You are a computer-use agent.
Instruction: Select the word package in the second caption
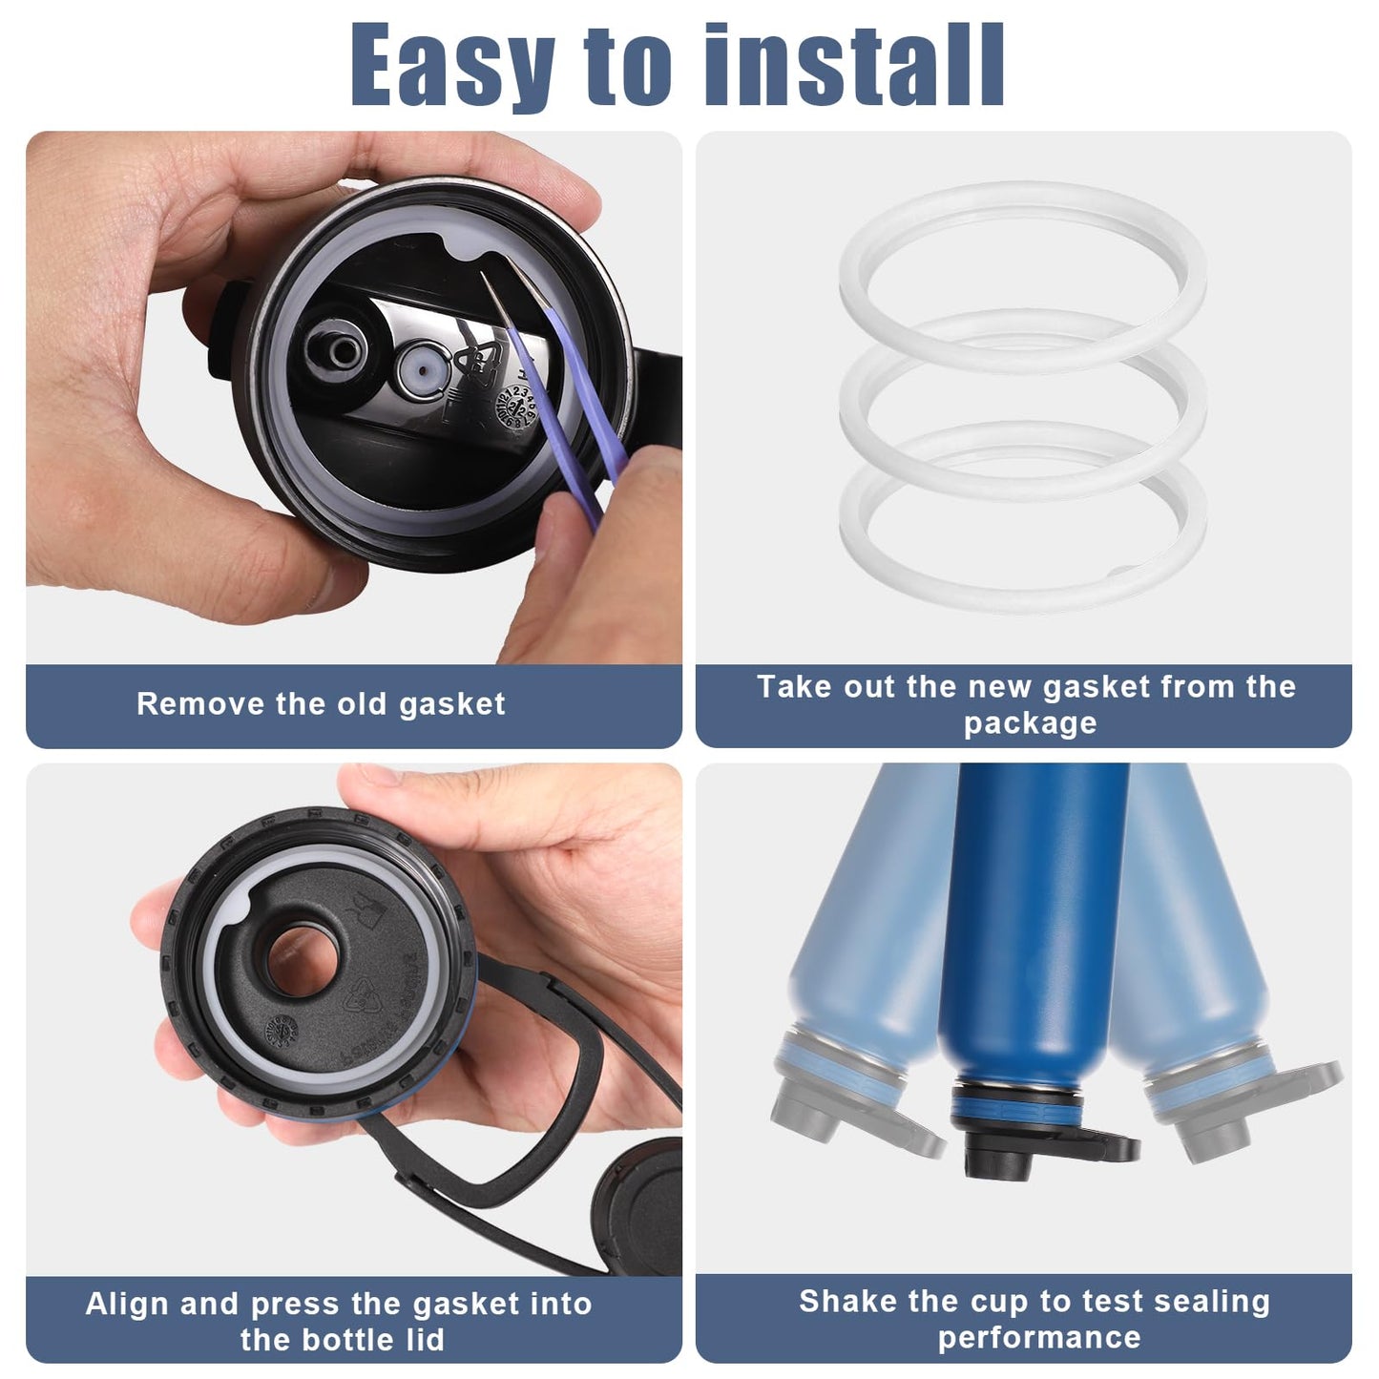coord(1030,723)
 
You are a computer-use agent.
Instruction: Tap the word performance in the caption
coord(1039,1337)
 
